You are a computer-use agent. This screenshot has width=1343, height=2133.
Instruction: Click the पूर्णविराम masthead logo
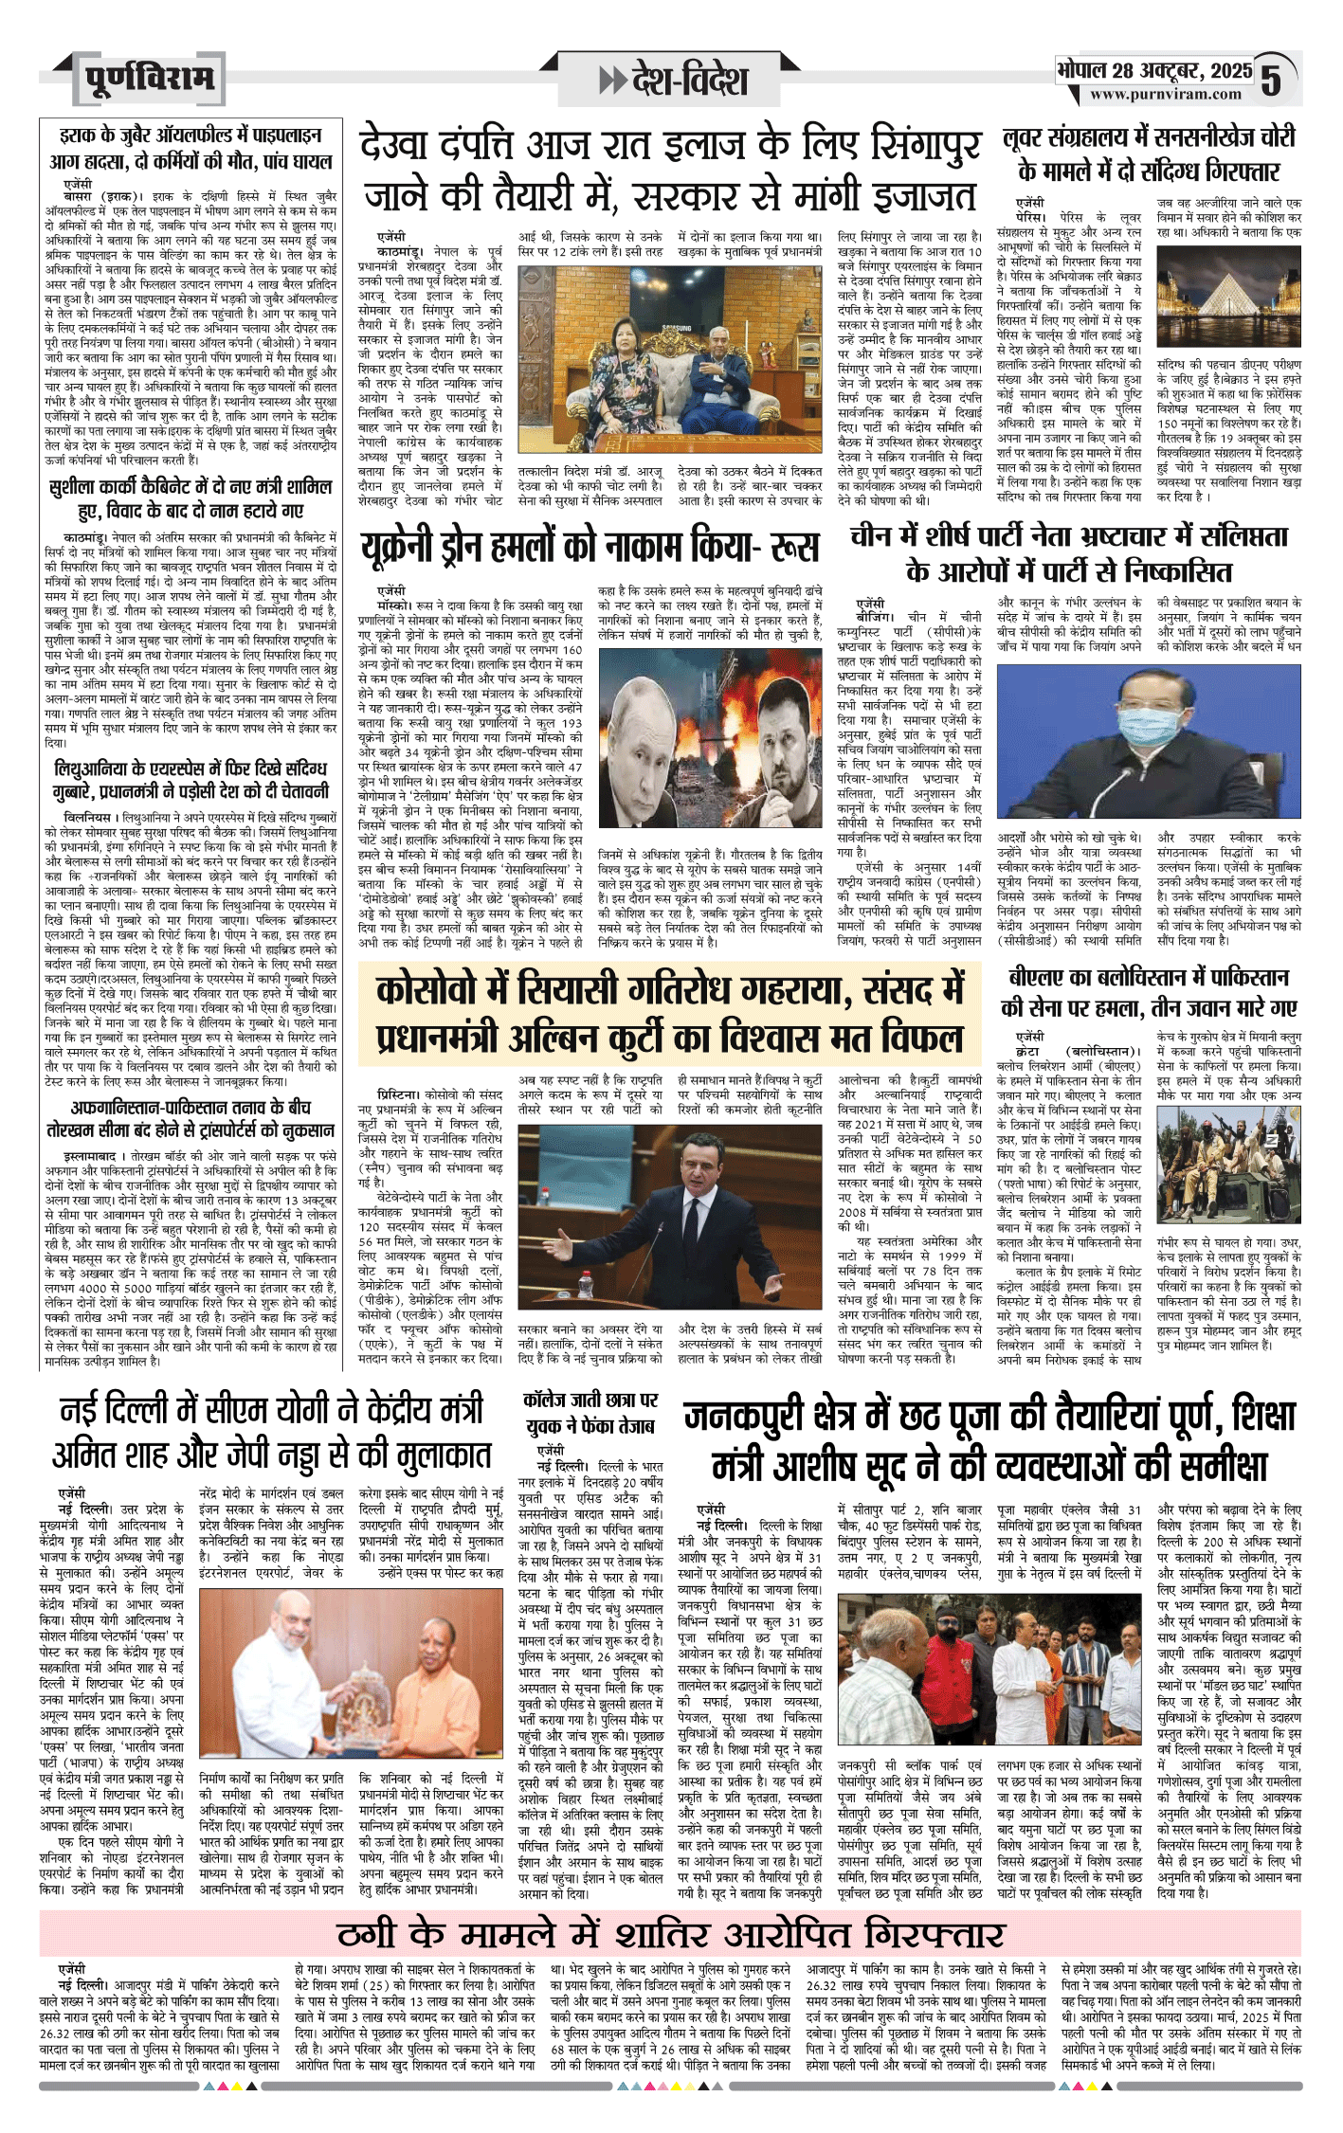pyautogui.click(x=148, y=79)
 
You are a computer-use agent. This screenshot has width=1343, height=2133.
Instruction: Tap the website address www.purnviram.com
pyautogui.click(x=1165, y=95)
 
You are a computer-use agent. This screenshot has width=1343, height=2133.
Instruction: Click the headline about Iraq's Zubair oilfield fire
pyautogui.click(x=191, y=149)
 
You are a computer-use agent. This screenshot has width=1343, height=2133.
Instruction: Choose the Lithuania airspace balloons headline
pyautogui.click(x=191, y=780)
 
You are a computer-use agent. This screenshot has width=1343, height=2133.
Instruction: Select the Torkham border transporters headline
pyautogui.click(x=191, y=1118)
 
